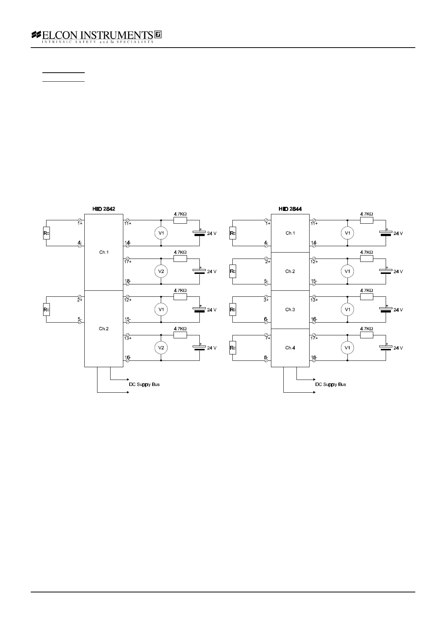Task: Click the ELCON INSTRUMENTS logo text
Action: coord(97,35)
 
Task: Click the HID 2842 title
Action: coord(104,209)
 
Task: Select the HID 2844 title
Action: coord(290,209)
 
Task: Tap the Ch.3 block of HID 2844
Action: coord(290,310)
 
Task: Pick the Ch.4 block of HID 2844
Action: coord(290,348)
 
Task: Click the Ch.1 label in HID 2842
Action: coord(104,252)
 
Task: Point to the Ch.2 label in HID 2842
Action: coord(104,329)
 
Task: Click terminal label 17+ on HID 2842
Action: coord(128,262)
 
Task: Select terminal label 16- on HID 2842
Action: coord(128,357)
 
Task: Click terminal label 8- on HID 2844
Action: coord(266,357)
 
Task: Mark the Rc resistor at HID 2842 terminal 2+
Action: coord(46,310)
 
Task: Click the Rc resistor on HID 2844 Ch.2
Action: coord(233,271)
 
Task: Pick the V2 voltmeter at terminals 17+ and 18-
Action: coord(161,271)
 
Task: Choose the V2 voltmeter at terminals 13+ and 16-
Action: coord(161,348)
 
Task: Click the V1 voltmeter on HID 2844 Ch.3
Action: coord(347,310)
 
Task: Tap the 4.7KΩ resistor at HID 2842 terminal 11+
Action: coord(180,220)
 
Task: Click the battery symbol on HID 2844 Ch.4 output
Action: coord(386,348)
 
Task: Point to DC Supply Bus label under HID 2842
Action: coord(144,384)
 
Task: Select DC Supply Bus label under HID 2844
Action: coord(331,384)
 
